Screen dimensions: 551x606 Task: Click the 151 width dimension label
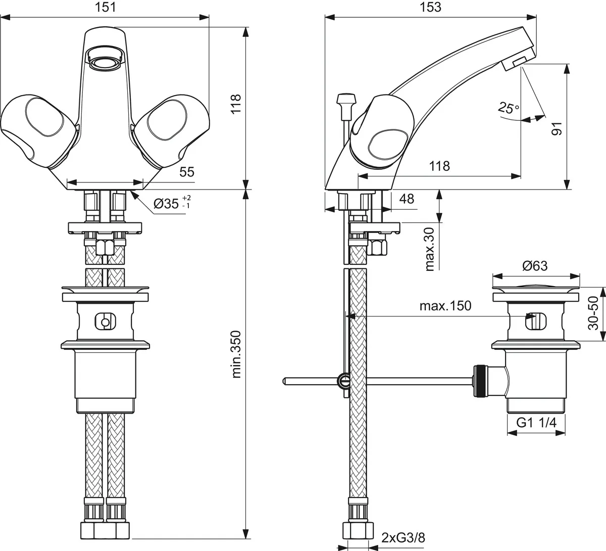105,7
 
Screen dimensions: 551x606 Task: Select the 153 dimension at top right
430,7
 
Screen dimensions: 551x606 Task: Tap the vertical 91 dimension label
556,128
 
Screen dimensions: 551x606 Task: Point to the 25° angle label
508,107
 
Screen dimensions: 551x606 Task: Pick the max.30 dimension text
430,248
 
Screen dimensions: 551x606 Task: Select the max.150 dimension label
445,306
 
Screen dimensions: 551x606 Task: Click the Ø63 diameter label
535,266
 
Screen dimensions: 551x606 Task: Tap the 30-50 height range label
594,313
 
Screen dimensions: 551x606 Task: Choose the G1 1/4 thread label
536,423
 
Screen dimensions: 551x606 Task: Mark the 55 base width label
187,172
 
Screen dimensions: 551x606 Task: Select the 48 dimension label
407,199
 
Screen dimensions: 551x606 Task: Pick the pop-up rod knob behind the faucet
346,98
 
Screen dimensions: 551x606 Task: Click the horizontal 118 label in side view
439,165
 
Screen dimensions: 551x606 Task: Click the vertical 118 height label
236,104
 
